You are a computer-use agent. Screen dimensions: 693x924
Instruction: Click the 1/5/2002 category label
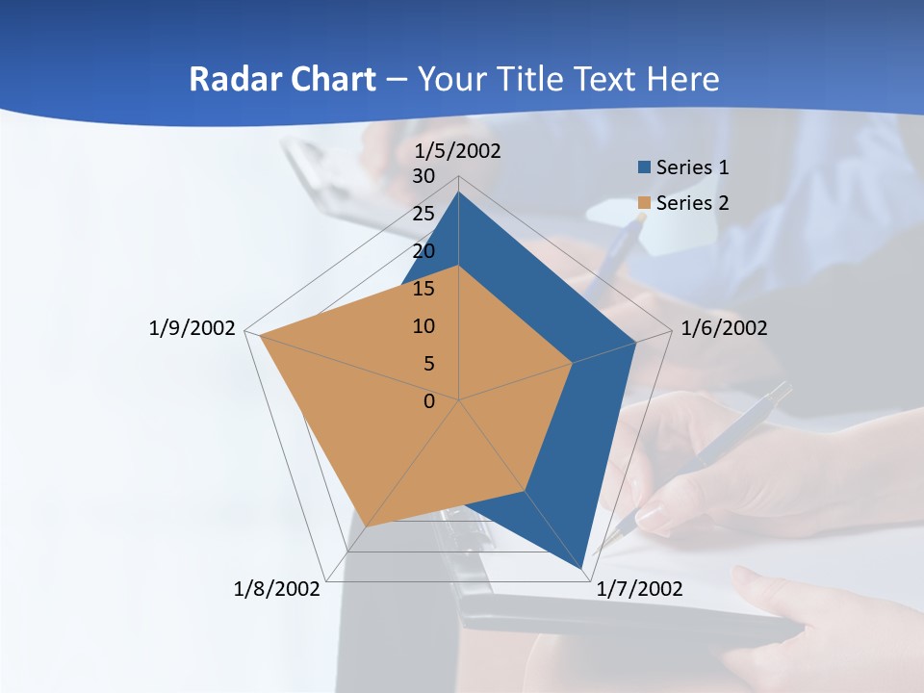[458, 151]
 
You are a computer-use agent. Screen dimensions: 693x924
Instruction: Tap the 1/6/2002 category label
[724, 328]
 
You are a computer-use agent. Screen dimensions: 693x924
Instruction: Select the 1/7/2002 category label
[639, 589]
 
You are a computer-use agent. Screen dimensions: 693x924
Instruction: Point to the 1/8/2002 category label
[277, 589]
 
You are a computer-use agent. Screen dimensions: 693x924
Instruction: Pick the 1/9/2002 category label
[192, 328]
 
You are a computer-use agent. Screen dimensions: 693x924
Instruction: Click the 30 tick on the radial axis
[423, 176]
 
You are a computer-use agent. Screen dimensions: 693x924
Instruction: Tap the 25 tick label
[423, 214]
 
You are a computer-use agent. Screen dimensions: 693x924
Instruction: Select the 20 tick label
[423, 251]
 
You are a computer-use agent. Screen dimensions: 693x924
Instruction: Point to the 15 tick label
[423, 289]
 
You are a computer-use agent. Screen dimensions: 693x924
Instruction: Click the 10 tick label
[423, 326]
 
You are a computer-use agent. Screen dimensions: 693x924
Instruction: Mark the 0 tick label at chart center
[429, 401]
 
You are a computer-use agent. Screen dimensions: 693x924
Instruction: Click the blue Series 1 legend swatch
[645, 167]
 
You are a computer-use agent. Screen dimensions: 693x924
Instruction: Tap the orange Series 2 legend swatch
[645, 203]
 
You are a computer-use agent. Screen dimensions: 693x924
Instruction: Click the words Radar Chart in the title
[282, 79]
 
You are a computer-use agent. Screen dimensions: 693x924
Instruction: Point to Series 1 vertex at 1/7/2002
[584, 570]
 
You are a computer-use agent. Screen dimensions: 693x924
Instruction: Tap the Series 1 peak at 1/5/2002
[459, 192]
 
